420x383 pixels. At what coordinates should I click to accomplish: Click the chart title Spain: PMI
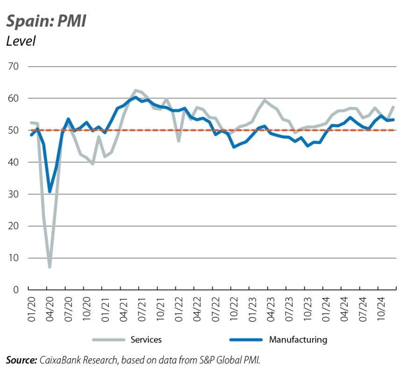46,21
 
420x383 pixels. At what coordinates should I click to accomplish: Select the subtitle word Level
21,41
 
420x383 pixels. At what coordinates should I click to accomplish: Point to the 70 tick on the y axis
13,66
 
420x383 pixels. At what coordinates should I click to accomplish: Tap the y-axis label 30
13,194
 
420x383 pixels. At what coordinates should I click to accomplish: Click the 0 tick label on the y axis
16,290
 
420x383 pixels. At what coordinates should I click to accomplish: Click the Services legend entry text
146,340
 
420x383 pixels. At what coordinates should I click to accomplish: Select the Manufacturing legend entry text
298,340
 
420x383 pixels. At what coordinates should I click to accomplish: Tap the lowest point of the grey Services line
49,267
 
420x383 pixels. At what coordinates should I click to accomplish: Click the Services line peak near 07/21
135,91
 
